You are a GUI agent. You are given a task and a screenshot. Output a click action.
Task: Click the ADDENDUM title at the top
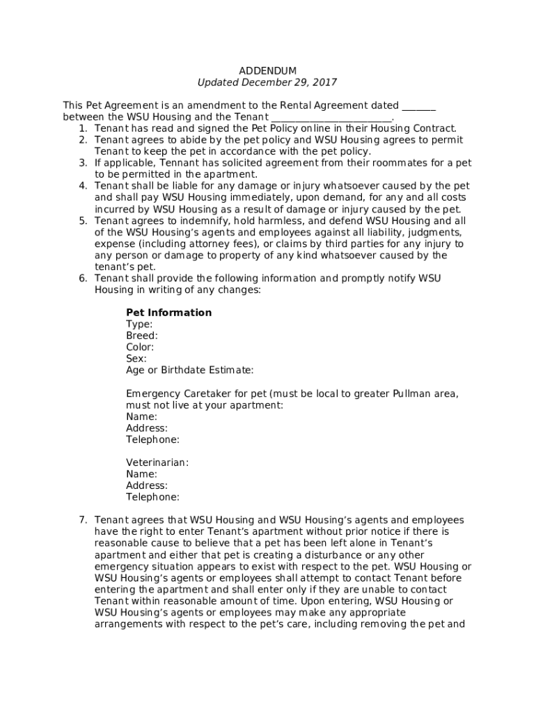tap(267, 71)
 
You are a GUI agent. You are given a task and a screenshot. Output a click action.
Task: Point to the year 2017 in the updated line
tap(324, 82)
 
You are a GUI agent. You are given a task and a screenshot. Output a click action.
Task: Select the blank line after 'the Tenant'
tap(331, 118)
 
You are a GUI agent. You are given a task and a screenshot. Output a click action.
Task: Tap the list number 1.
tap(82, 129)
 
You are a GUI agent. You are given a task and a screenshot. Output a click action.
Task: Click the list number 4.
tap(82, 186)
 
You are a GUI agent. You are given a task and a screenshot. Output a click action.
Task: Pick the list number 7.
tap(82, 520)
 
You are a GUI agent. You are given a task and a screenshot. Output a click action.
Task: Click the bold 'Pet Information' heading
tap(168, 313)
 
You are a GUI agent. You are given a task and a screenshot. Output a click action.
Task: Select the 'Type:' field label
tap(139, 324)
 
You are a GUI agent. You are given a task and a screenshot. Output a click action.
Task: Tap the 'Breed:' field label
tap(141, 336)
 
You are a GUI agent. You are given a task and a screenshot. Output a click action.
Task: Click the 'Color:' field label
tap(140, 347)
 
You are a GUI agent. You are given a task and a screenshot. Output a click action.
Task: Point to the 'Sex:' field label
tap(136, 359)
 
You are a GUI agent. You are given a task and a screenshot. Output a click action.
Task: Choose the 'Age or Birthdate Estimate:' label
tap(189, 370)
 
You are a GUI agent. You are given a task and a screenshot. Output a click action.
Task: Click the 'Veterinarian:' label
tap(157, 462)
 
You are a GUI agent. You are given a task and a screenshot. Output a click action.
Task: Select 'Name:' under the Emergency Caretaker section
tap(141, 416)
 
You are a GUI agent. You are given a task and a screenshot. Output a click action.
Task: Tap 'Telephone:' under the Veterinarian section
tap(152, 497)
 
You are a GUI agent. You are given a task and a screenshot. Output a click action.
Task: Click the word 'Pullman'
tap(413, 393)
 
